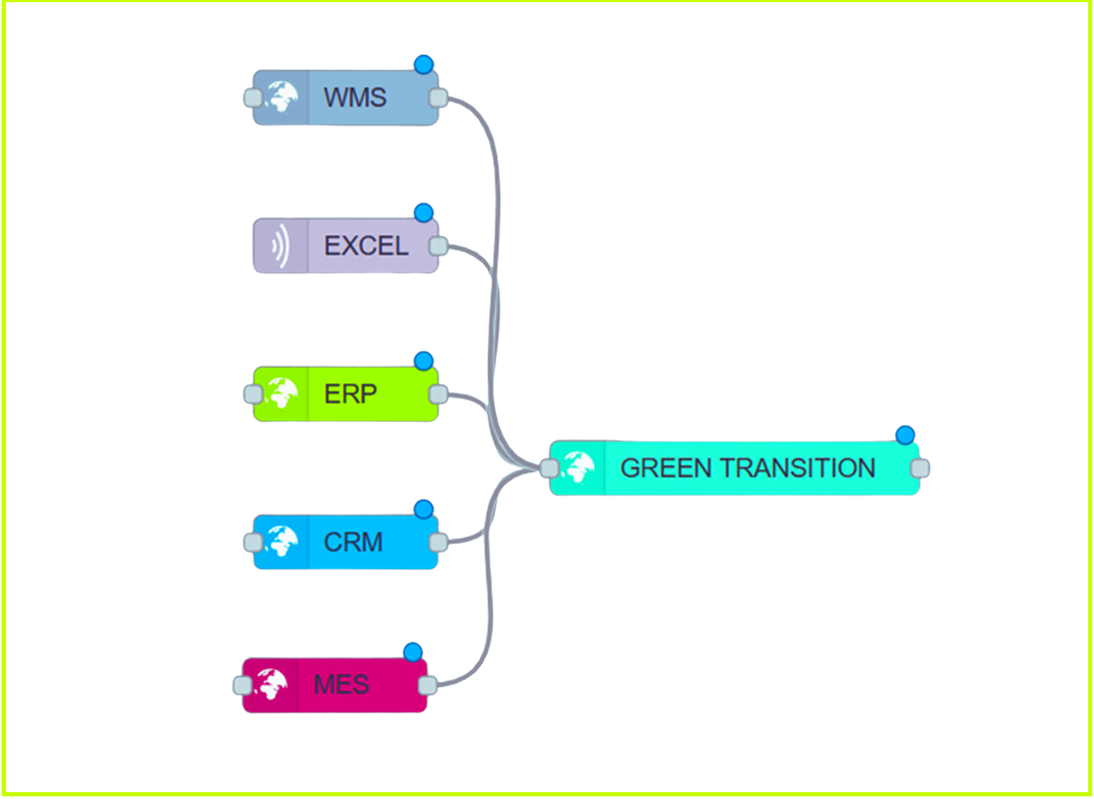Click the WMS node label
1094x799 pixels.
coord(355,97)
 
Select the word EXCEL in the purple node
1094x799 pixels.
coord(366,246)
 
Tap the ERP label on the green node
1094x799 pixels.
coord(350,394)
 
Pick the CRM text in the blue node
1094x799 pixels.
coord(353,542)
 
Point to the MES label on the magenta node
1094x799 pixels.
coord(341,684)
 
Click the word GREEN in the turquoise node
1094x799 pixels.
coord(666,468)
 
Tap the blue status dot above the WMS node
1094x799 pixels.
coord(424,64)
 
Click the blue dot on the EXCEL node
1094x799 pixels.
coord(424,213)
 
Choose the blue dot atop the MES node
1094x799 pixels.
coord(413,652)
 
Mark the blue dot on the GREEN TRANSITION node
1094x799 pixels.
coord(905,435)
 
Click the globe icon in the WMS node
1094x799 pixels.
coord(282,97)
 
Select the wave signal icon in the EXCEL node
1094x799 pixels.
coord(281,246)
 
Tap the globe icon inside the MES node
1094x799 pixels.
coord(271,684)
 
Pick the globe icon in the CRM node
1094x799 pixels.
coord(282,542)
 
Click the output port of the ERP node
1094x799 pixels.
coord(438,395)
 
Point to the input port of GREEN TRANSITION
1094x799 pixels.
coord(549,468)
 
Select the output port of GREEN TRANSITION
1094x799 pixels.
coord(920,468)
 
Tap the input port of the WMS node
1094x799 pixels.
coord(253,98)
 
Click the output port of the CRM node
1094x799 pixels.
coord(438,543)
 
